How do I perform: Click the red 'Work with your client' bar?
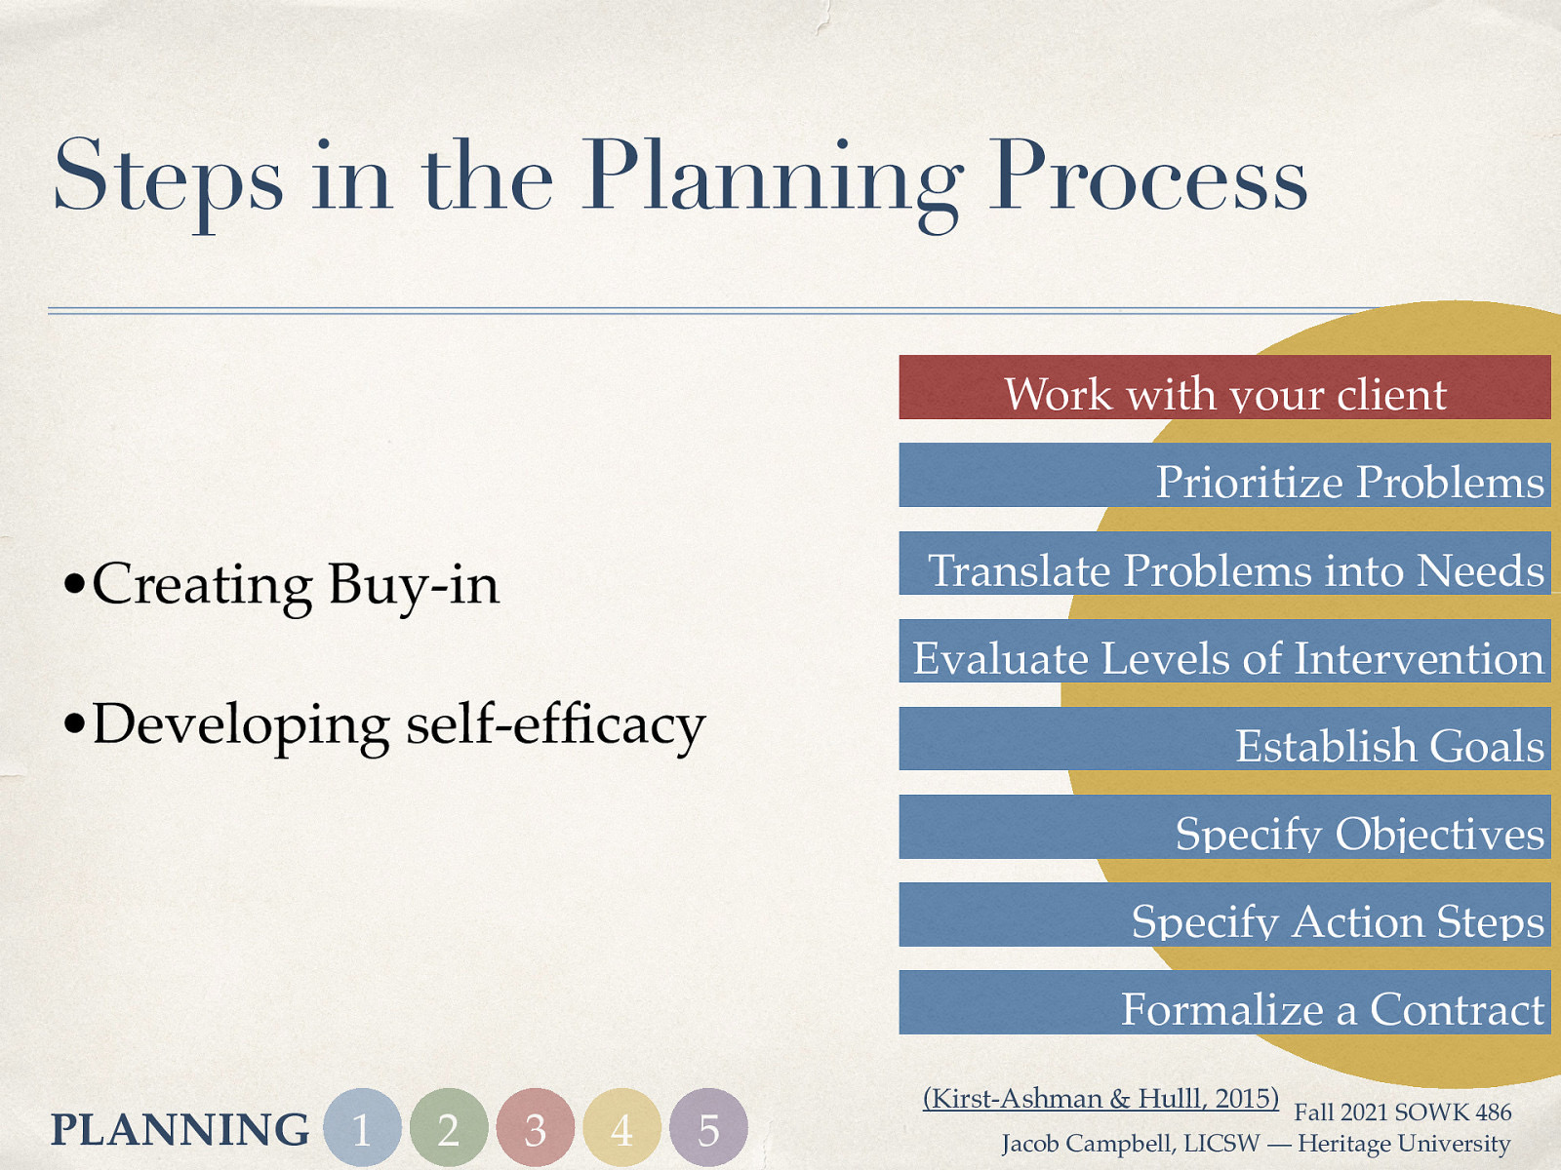point(1224,388)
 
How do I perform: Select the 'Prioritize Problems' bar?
point(1224,476)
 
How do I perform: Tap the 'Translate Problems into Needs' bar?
point(1224,564)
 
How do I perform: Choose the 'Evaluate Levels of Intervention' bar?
point(1224,651)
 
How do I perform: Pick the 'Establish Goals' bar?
point(1224,739)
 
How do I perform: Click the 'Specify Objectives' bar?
point(1224,827)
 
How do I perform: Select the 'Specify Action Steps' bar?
point(1224,915)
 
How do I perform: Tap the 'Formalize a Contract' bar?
point(1224,1002)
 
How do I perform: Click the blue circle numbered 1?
point(362,1128)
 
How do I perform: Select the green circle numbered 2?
point(449,1128)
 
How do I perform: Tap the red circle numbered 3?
point(535,1128)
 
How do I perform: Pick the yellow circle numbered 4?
point(621,1128)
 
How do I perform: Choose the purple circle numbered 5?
point(708,1128)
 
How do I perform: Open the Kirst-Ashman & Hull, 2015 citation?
point(1101,1099)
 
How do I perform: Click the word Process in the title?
point(1147,177)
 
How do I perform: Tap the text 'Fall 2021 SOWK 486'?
point(1402,1112)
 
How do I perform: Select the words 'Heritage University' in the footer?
point(1404,1144)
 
